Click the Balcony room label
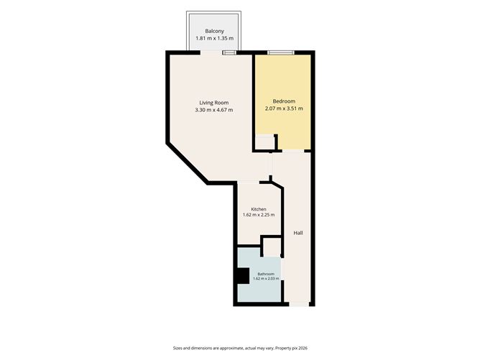pyautogui.click(x=214, y=31)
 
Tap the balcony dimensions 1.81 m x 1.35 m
pyautogui.click(x=214, y=38)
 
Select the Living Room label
pyautogui.click(x=213, y=103)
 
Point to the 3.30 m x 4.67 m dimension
pyautogui.click(x=213, y=110)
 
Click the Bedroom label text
pyautogui.click(x=284, y=101)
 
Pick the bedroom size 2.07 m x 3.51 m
pyautogui.click(x=284, y=109)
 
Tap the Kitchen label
pyautogui.click(x=259, y=209)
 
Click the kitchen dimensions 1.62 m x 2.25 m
pyautogui.click(x=259, y=215)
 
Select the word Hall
pyautogui.click(x=298, y=233)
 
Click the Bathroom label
pyautogui.click(x=266, y=274)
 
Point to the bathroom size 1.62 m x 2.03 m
pyautogui.click(x=266, y=279)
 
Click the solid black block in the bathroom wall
pyautogui.click(x=242, y=276)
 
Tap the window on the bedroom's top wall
pyautogui.click(x=281, y=53)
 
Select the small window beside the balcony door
pyautogui.click(x=229, y=52)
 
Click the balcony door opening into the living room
pyautogui.click(x=211, y=52)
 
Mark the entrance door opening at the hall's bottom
pyautogui.click(x=299, y=304)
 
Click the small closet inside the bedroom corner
pyautogui.click(x=265, y=142)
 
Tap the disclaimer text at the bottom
pyautogui.click(x=240, y=348)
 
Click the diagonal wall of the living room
pyautogui.click(x=188, y=163)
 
